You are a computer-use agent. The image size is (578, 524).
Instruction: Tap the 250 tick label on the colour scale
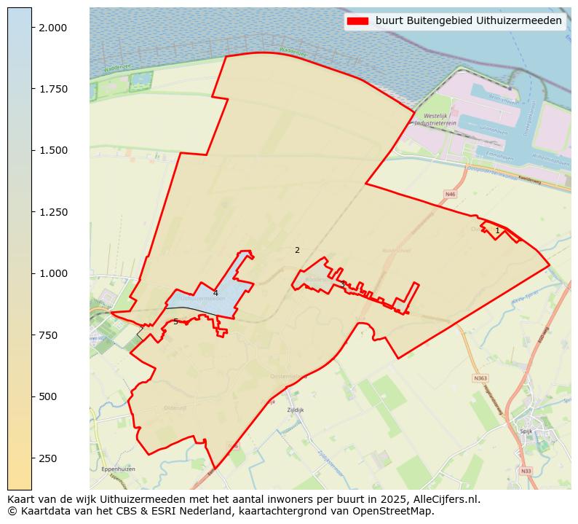tap(48, 458)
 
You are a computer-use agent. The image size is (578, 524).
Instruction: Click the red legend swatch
tap(357, 21)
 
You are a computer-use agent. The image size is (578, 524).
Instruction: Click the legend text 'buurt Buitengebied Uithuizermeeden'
tap(469, 21)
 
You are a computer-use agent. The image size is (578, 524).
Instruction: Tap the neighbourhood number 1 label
tap(497, 230)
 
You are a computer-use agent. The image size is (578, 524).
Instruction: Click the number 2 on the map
tap(297, 250)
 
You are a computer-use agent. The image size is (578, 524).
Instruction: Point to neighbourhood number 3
tap(343, 284)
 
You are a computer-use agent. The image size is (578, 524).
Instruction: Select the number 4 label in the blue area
tap(215, 293)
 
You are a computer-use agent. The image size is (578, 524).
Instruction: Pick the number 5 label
tap(175, 321)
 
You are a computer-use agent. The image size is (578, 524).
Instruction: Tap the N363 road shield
tap(480, 378)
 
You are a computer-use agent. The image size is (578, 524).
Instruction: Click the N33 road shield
tap(526, 471)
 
